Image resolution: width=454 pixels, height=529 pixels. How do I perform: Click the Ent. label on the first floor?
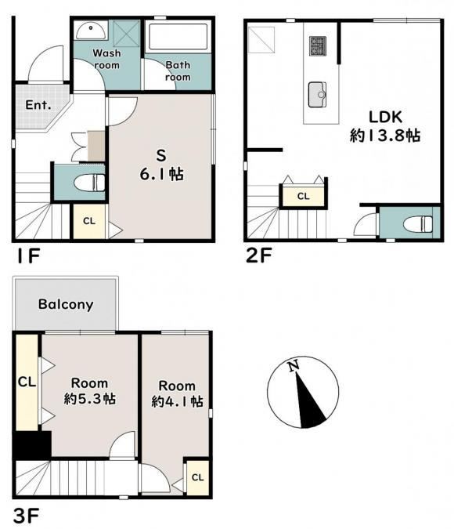[x=38, y=105]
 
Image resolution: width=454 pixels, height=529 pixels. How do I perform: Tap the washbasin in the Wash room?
[x=91, y=31]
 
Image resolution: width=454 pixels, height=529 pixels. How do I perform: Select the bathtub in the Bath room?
[x=178, y=36]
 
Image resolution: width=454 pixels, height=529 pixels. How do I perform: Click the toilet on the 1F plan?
[x=89, y=183]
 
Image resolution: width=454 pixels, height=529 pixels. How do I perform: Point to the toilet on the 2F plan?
[x=418, y=224]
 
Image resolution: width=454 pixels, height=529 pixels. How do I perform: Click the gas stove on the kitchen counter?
[x=318, y=46]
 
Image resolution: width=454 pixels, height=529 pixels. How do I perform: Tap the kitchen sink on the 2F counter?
[x=318, y=95]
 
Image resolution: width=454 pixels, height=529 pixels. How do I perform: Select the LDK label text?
[x=386, y=117]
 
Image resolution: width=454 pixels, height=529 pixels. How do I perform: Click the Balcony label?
[x=66, y=304]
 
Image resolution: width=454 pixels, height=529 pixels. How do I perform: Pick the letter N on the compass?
[x=294, y=366]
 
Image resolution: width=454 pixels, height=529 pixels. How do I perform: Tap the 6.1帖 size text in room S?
[x=162, y=175]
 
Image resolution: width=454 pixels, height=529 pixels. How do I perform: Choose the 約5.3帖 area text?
[x=90, y=399]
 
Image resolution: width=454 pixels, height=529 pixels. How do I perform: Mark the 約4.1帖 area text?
[x=177, y=401]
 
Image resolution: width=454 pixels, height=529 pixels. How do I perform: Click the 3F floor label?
[x=27, y=515]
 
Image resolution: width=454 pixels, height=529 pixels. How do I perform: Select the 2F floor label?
[x=258, y=255]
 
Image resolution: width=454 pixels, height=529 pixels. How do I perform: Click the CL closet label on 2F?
[x=304, y=196]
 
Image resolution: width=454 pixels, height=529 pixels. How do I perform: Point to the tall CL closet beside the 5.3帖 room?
[x=27, y=382]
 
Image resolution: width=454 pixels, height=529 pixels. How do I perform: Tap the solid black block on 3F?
[x=32, y=445]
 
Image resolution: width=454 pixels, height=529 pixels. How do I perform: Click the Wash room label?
[x=106, y=59]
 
